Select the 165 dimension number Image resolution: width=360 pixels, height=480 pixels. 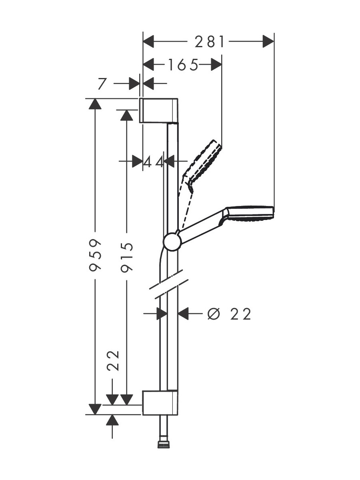point(183,65)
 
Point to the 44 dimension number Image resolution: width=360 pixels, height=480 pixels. point(154,162)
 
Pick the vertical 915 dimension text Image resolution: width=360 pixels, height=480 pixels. point(127,258)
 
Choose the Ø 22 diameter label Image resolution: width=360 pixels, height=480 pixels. point(229,314)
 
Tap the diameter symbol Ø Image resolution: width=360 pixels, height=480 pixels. point(213,314)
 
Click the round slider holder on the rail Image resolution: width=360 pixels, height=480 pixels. point(172,242)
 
